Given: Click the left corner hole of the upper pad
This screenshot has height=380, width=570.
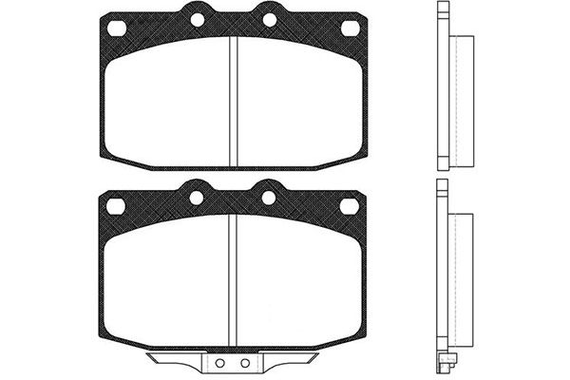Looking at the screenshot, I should click(117, 28).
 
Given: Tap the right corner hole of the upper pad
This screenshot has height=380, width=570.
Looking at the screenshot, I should click(350, 28).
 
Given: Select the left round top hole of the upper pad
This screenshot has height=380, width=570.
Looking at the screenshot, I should click(197, 19).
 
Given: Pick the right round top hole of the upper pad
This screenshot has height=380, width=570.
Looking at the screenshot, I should click(269, 19).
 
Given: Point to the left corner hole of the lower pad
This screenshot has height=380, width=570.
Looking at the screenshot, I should click(117, 205).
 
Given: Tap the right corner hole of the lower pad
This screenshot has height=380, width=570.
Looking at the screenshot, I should click(350, 205).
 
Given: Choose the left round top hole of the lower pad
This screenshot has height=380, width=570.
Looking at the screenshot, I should click(197, 198).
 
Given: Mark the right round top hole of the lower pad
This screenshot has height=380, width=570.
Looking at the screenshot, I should click(269, 198).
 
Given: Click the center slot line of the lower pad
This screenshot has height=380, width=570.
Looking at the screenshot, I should click(233, 280).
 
